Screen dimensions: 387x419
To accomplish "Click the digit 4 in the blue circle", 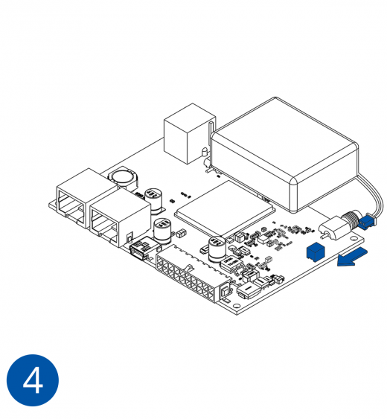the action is (x=33, y=380).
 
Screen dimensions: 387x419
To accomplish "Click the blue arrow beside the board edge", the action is (x=352, y=257).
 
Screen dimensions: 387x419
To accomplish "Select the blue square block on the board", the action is (x=316, y=252).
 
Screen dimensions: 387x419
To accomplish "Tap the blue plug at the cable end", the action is (x=367, y=222).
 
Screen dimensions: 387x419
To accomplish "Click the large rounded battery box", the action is (x=284, y=155).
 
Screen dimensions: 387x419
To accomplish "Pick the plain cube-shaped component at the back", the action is (x=189, y=134).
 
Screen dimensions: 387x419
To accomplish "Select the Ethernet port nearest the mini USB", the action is (x=121, y=217).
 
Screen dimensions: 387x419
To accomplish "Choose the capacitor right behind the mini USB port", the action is (x=163, y=231).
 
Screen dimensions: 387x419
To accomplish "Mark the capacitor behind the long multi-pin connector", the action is (x=217, y=249).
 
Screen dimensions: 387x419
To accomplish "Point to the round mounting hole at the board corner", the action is (x=236, y=306).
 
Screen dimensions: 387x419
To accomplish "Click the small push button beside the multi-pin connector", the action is (x=226, y=290).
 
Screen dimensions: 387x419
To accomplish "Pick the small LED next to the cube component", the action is (x=204, y=152).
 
